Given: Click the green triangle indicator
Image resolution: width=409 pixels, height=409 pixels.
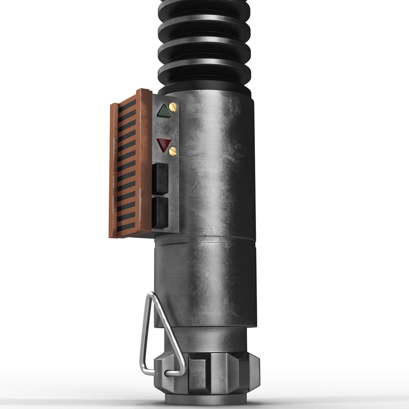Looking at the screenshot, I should click(x=164, y=111).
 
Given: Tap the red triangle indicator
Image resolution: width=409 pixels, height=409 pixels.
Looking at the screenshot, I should click(x=164, y=144).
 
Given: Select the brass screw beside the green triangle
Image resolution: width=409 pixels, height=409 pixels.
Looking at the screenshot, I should click(x=174, y=107).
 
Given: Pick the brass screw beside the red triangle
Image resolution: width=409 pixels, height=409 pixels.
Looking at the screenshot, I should click(x=173, y=151).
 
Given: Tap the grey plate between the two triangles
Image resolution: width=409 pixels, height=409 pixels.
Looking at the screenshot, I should click(x=165, y=128).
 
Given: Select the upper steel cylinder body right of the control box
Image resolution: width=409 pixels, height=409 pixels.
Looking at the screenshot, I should click(x=216, y=163).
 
